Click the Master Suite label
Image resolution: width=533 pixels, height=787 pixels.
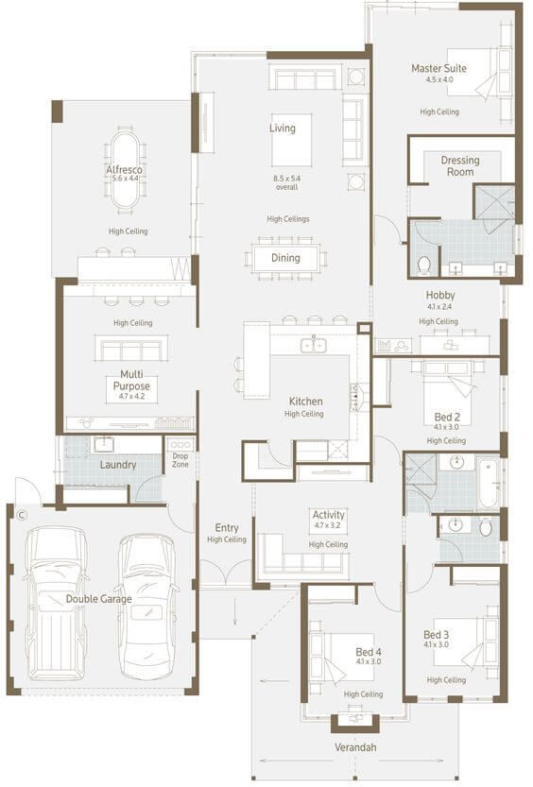(x=438, y=68)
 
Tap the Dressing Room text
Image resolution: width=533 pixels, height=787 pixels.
(x=460, y=165)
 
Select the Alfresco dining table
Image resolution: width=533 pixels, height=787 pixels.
(x=126, y=169)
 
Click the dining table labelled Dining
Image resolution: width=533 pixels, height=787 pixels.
(x=285, y=258)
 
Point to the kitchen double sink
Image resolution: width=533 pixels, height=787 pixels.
(x=314, y=345)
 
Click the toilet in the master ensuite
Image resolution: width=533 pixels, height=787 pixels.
(x=424, y=265)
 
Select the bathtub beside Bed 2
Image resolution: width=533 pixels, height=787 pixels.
(x=488, y=483)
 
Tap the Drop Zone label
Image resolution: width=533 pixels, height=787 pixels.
(x=181, y=460)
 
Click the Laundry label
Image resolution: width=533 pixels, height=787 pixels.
(x=118, y=465)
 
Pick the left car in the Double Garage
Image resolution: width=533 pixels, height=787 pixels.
(x=55, y=603)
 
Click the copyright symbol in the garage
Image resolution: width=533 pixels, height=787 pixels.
(x=21, y=515)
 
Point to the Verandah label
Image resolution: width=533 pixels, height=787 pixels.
(x=355, y=747)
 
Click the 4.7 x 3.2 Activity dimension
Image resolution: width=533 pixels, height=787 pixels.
(x=328, y=526)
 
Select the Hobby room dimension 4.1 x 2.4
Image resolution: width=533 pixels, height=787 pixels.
(x=439, y=306)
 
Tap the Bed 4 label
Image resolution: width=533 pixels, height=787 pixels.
(x=369, y=652)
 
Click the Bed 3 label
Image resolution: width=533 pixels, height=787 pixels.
(x=437, y=635)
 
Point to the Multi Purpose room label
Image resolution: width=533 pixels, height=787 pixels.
(x=131, y=380)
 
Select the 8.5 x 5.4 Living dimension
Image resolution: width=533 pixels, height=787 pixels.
(x=287, y=179)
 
